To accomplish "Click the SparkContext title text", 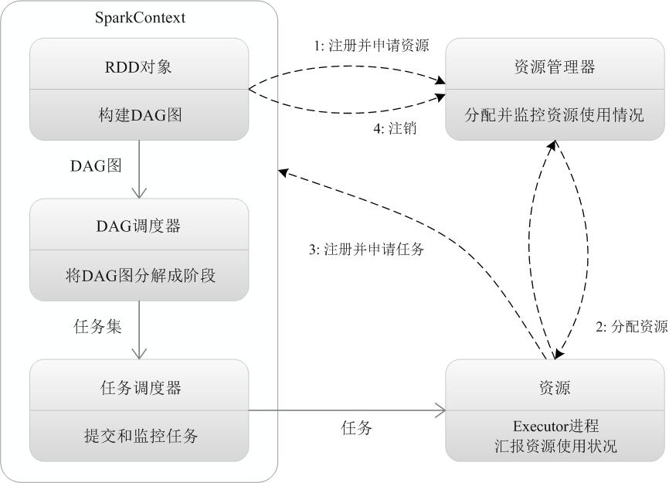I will click(139, 17).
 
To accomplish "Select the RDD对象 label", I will click(139, 66).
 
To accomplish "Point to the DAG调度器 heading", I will click(139, 226).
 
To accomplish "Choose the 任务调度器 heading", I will click(139, 387).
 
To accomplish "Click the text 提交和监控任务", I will click(139, 435).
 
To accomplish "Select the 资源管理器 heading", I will click(554, 66).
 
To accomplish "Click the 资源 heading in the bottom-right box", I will click(554, 386).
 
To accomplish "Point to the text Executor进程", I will click(554, 426).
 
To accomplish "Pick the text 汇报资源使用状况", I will click(554, 446).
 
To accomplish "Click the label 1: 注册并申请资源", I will click(372, 46).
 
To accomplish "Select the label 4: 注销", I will click(396, 129).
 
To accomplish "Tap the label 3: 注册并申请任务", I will click(365, 250).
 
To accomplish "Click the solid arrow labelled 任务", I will click(348, 410).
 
